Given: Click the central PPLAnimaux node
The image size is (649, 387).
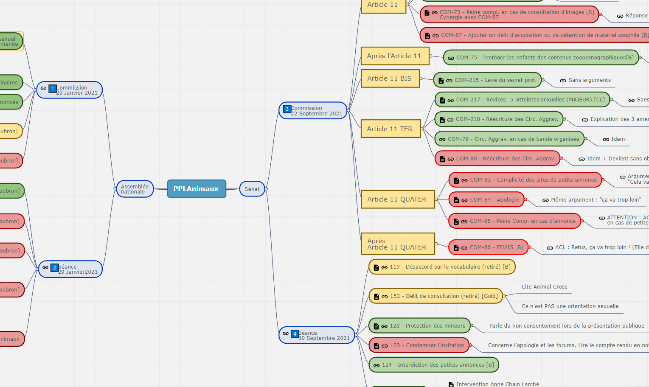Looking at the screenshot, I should coord(196,189).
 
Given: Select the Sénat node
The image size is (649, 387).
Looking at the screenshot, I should coord(252,189).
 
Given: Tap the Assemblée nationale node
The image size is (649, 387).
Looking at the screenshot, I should coord(135,189).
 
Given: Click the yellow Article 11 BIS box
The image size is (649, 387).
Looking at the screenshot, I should coord(390,79).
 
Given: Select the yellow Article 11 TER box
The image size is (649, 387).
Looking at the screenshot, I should coord(390,129).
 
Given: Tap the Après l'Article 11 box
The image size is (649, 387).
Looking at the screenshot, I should coord(394,56).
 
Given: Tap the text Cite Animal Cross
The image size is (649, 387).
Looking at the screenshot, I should coord(544,287).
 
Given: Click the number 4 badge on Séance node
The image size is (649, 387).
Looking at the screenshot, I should coord(295,334).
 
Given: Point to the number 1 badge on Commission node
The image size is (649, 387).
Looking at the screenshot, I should coord(53,89).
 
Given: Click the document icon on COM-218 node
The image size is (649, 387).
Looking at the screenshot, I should coord(442,120).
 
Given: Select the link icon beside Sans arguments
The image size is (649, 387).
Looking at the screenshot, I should coord(563,81).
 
